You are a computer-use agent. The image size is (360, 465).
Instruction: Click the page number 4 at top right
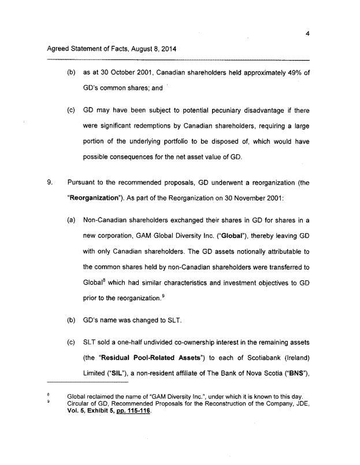click(308, 34)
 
